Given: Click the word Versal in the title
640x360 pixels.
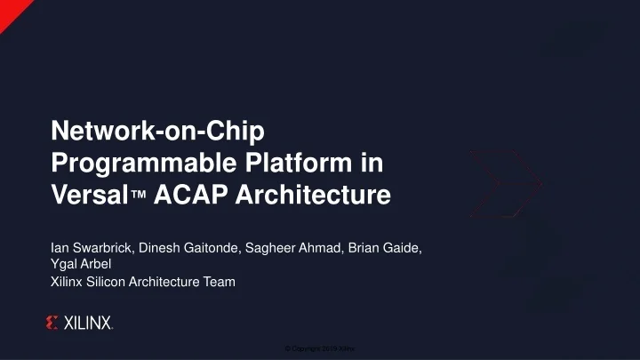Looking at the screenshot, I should pos(87,194).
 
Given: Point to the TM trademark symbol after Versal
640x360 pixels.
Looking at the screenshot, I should pos(137,196).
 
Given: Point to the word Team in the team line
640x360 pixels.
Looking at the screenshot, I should pos(220,282).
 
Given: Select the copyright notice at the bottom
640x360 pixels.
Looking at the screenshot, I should pos(320,348).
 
